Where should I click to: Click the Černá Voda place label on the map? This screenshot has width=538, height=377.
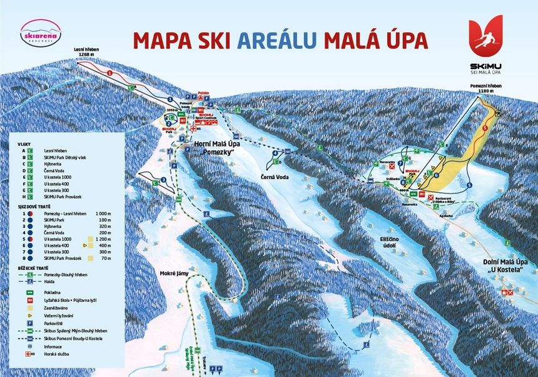tap(274, 177)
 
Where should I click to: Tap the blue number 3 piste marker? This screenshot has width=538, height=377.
tap(163, 180)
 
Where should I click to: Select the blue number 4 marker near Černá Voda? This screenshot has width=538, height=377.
tap(275, 153)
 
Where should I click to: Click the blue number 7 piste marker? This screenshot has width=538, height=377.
tap(400, 163)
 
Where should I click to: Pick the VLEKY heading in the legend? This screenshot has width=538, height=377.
tap(24, 144)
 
